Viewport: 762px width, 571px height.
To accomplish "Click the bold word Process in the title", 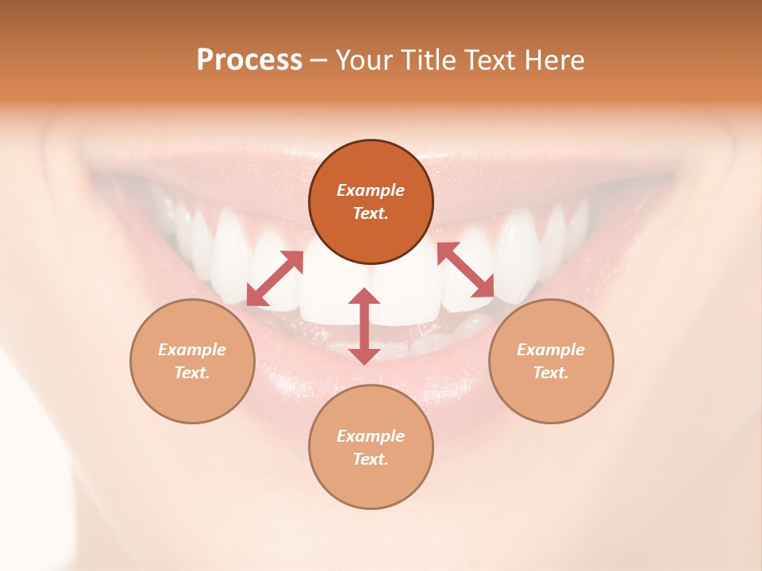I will [x=249, y=60].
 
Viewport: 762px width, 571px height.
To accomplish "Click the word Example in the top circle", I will [x=371, y=190].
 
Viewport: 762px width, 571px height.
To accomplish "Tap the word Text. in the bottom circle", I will [x=371, y=459].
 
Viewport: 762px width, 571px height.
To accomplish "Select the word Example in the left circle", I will [x=192, y=350].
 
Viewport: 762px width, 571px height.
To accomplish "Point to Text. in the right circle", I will [x=551, y=373].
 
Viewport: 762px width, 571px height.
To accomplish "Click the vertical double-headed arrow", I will [x=364, y=326].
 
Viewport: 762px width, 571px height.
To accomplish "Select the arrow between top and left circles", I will [x=275, y=278].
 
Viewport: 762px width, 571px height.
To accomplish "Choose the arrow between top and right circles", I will [x=466, y=270].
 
